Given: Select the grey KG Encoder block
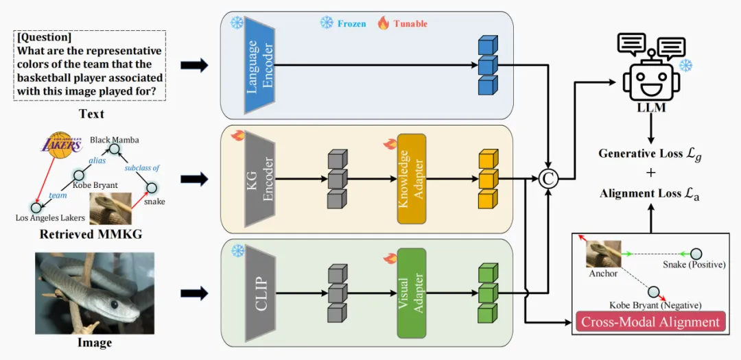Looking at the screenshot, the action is coord(259,178).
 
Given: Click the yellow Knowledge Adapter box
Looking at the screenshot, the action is coord(412,178).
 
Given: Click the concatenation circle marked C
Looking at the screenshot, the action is coord(549,178).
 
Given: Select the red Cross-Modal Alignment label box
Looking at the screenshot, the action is coord(650,323).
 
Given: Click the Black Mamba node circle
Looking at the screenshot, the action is coord(113,149).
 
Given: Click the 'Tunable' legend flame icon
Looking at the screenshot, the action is coord(384,23).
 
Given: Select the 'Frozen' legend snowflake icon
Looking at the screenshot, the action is coord(327,22).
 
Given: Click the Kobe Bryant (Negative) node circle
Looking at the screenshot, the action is coord(654,291).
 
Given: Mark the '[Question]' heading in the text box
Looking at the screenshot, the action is coord(44,37).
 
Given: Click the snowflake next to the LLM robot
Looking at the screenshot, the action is coord(686,66).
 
